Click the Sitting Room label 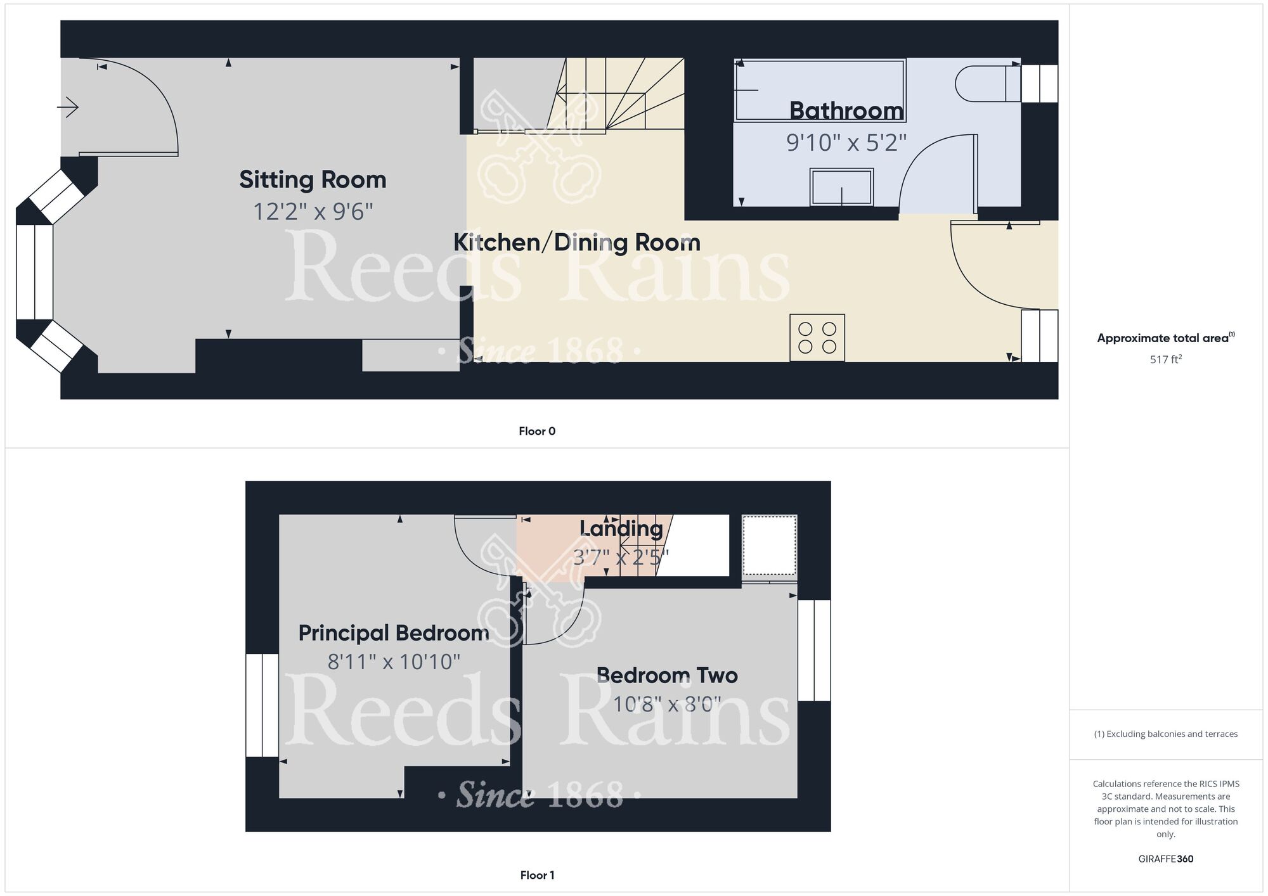click(x=313, y=180)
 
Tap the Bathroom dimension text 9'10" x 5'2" click(x=846, y=143)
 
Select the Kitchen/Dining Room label click(x=577, y=243)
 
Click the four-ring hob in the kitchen click(x=817, y=338)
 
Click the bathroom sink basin click(x=842, y=187)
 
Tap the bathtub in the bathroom click(x=820, y=90)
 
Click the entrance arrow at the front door click(x=68, y=108)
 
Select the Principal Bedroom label click(x=394, y=633)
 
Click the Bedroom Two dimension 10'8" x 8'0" click(x=667, y=704)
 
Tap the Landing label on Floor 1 click(x=621, y=528)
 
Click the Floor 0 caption click(x=537, y=432)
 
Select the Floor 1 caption click(x=537, y=876)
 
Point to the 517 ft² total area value click(x=1166, y=359)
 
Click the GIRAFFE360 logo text click(x=1166, y=859)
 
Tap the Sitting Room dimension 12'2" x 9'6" click(x=313, y=212)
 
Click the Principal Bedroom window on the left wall click(x=262, y=705)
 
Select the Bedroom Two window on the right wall click(x=814, y=650)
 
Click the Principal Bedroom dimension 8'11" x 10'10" click(x=394, y=662)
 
